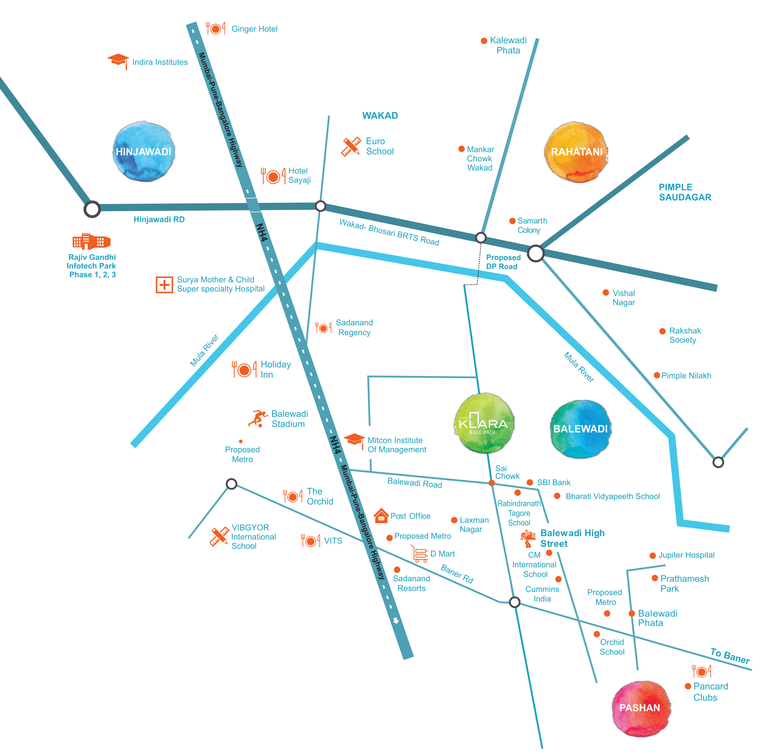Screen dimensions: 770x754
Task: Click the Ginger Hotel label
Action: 254,29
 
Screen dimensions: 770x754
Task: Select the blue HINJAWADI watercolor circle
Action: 144,152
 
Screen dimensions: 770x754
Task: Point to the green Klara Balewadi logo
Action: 484,423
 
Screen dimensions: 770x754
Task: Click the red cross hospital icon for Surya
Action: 164,285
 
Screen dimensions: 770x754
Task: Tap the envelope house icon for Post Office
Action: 381,516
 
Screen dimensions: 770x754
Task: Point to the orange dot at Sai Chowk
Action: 492,483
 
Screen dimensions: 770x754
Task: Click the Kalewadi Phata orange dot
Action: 484,41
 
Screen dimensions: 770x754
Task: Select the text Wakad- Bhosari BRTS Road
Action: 389,232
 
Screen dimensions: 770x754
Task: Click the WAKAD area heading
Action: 380,116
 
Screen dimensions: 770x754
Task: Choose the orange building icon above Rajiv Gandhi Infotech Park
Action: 91,241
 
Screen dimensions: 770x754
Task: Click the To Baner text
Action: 730,656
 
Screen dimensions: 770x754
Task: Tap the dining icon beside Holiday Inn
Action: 244,370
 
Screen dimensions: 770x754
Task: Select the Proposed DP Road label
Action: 503,262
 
